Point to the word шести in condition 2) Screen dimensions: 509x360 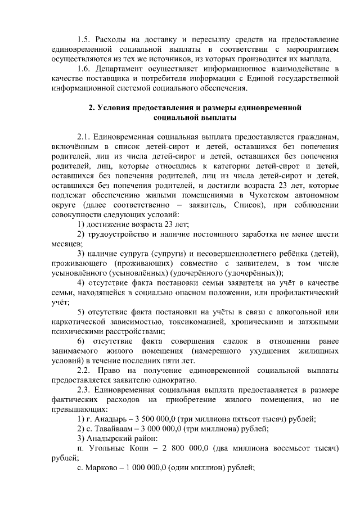coord(328,234)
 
